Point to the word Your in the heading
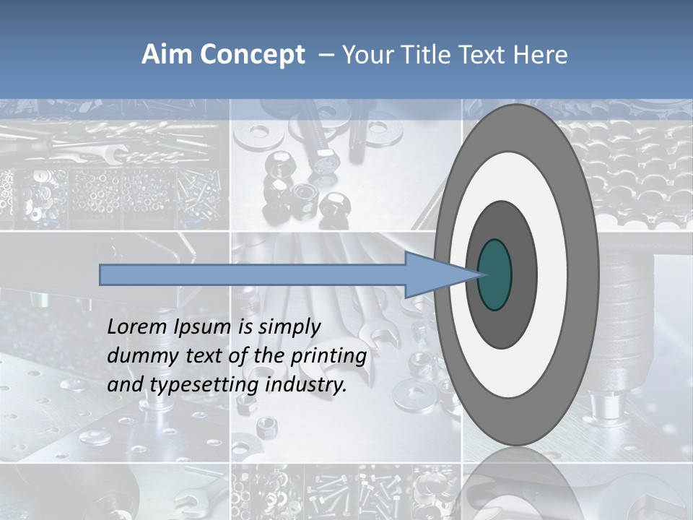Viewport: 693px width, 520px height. tap(367, 54)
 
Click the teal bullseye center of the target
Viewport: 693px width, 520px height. tap(495, 274)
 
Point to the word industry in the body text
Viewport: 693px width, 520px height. tap(306, 385)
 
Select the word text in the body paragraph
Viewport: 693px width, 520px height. tap(205, 356)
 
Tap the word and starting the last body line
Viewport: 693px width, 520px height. tap(124, 384)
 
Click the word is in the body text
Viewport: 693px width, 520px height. tap(244, 327)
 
